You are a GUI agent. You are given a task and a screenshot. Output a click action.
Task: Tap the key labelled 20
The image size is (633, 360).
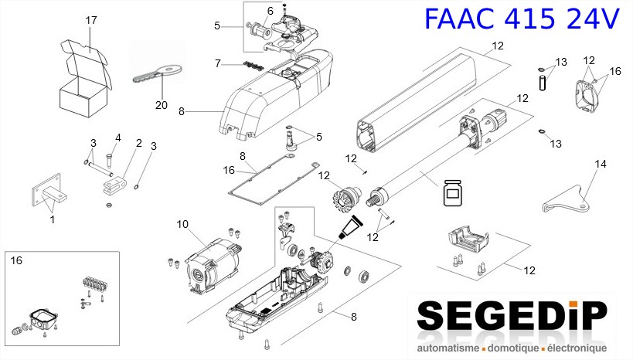click(x=157, y=73)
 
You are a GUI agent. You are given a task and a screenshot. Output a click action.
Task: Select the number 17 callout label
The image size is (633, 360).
click(x=91, y=20)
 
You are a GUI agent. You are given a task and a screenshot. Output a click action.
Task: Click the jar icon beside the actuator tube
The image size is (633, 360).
click(x=454, y=193)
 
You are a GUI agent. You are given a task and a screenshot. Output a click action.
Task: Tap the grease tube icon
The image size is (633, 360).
click(x=352, y=227)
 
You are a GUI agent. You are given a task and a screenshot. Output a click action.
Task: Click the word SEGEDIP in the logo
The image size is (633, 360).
click(x=512, y=316)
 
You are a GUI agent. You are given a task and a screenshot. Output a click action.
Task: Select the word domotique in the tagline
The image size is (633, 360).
click(x=512, y=348)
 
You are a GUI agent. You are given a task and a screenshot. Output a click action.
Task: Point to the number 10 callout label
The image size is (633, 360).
click(x=182, y=224)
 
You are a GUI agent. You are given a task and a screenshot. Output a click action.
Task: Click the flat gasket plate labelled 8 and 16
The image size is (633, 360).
click(x=273, y=180)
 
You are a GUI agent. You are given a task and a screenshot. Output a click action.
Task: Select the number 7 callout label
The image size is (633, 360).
click(x=218, y=64)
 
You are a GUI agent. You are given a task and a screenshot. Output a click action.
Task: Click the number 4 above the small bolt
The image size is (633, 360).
click(x=118, y=138)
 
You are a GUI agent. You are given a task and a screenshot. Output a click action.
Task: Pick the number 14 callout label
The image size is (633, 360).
click(x=601, y=164)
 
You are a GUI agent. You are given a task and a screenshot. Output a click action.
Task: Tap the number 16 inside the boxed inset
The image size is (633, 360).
click(x=16, y=260)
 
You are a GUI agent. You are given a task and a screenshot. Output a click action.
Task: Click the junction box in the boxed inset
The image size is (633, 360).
click(x=43, y=320)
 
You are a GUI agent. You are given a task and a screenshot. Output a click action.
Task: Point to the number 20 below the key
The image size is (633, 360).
click(x=162, y=105)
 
